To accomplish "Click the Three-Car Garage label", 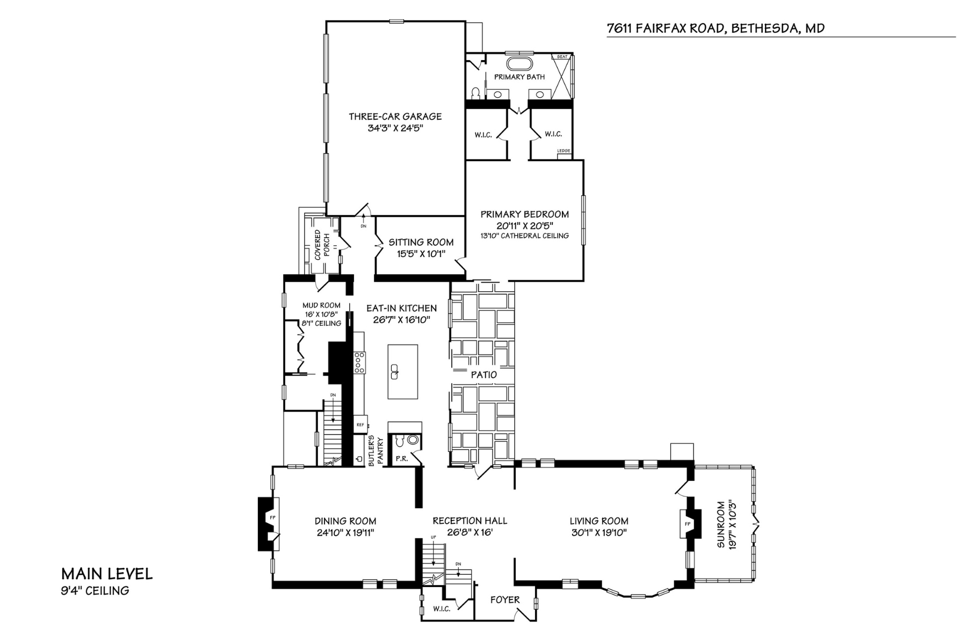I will [x=395, y=116].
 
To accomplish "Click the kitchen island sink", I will [x=395, y=371].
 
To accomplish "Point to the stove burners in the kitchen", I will [x=359, y=362].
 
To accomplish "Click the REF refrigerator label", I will [x=360, y=425].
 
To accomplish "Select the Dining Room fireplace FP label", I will [x=272, y=517].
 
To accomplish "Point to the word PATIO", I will [x=484, y=375].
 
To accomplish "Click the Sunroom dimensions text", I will [x=730, y=524].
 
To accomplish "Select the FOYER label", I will [x=505, y=599].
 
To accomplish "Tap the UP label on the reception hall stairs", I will [x=433, y=537].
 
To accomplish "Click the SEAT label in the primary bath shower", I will [x=562, y=57].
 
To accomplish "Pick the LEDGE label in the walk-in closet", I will [x=564, y=151].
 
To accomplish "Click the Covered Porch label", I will [x=321, y=245].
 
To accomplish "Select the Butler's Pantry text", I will [x=376, y=451].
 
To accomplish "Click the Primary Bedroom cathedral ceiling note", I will [x=524, y=236].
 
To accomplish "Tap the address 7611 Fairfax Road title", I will [x=715, y=28].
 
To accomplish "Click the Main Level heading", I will [x=107, y=574].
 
